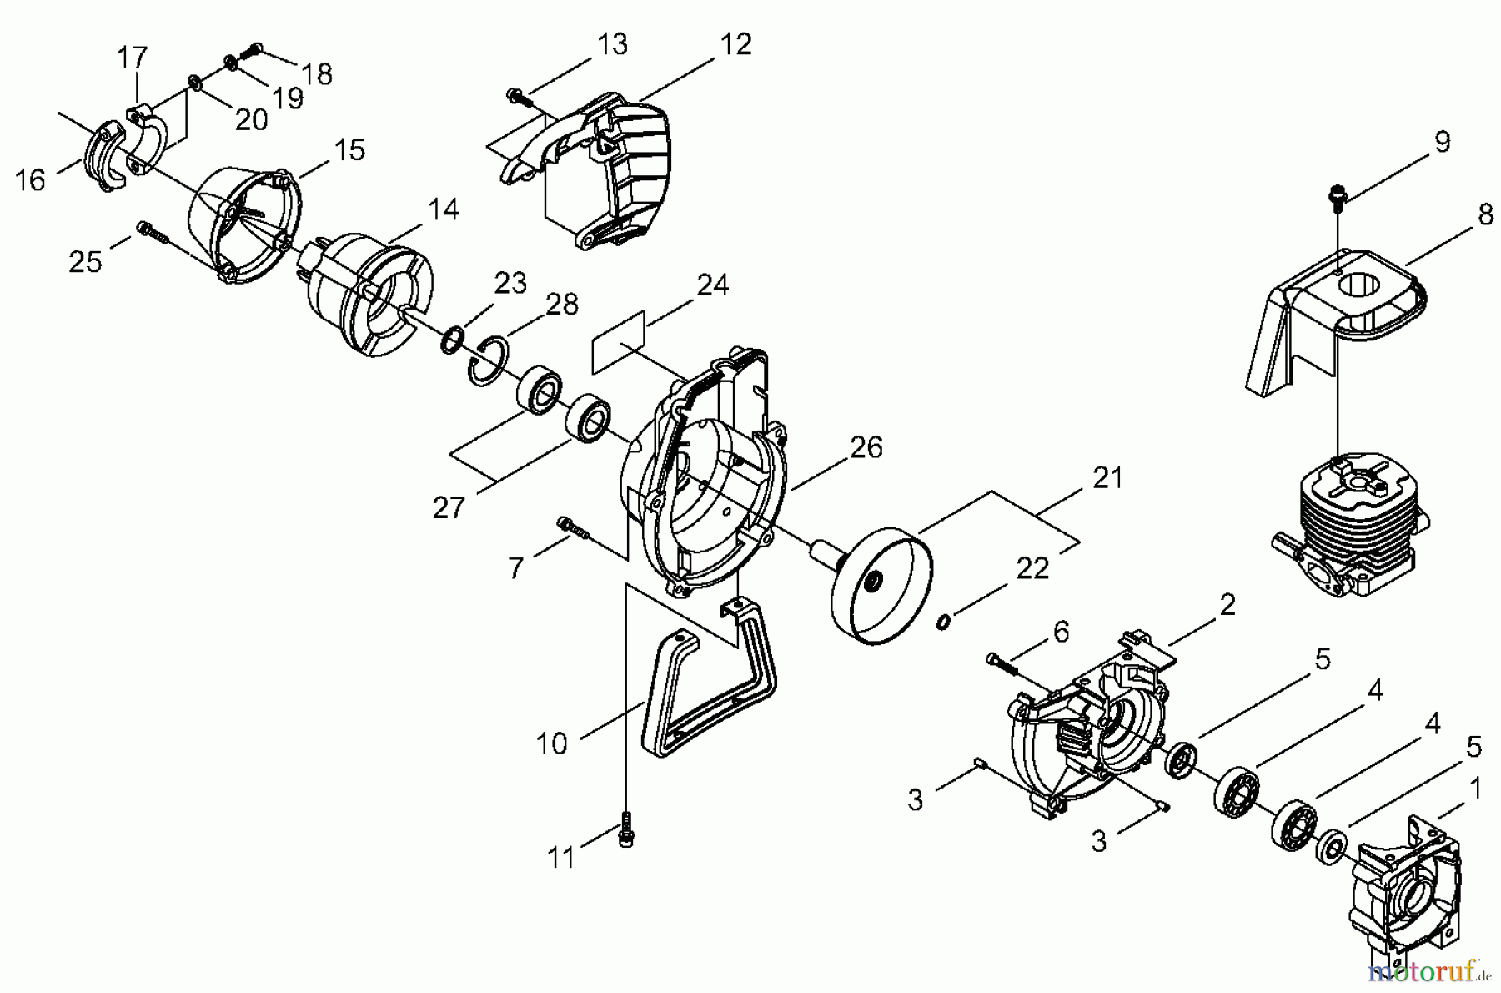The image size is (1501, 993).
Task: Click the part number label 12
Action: click(735, 45)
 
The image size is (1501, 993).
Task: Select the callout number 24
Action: click(712, 285)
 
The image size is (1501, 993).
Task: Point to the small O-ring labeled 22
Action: click(942, 621)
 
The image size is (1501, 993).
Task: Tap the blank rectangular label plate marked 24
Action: click(619, 342)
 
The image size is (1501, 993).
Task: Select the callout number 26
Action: click(866, 447)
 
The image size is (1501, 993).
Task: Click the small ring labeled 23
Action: click(451, 340)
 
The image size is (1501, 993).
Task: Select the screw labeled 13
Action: click(521, 98)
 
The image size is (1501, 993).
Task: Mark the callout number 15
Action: click(349, 150)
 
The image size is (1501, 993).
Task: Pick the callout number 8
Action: click(1484, 214)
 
